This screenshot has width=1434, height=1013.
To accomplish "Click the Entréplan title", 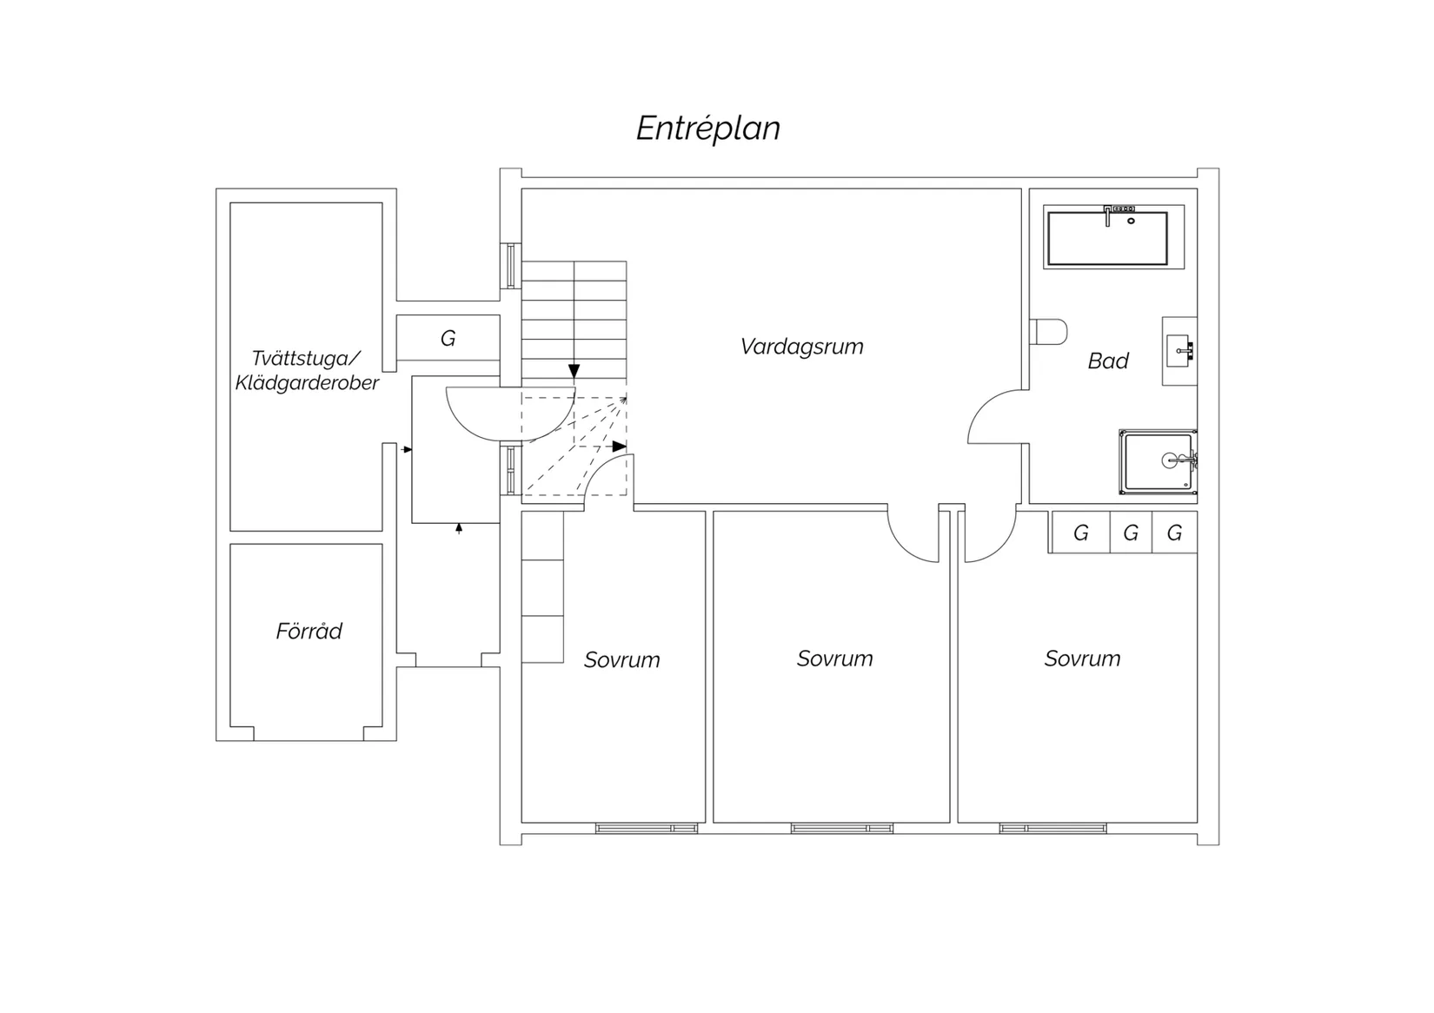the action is pyautogui.click(x=708, y=129).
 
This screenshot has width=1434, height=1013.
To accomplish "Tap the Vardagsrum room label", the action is pyautogui.click(x=801, y=347).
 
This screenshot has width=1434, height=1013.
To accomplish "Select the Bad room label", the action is pyautogui.click(x=1108, y=361).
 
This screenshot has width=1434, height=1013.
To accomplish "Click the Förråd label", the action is pyautogui.click(x=309, y=631).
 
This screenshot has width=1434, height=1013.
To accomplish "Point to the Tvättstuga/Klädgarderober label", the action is pyautogui.click(x=308, y=370).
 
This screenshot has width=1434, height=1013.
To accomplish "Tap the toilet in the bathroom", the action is pyautogui.click(x=1049, y=332).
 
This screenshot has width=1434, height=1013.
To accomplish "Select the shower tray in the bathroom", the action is pyautogui.click(x=1158, y=461).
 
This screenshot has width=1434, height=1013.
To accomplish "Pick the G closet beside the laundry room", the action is pyautogui.click(x=448, y=338).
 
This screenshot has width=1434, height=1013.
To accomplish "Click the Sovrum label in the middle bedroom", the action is pyautogui.click(x=835, y=659).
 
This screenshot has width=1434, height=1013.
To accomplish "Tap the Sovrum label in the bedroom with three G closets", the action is pyautogui.click(x=1083, y=659).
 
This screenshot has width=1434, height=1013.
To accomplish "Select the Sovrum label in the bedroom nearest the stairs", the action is pyautogui.click(x=621, y=659).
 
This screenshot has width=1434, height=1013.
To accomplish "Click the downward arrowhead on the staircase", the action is pyautogui.click(x=574, y=371).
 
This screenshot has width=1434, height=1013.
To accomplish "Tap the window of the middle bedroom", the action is pyautogui.click(x=842, y=828).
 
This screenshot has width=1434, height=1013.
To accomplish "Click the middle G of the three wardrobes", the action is pyautogui.click(x=1131, y=533).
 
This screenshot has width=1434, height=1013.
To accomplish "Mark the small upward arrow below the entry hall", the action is pyautogui.click(x=459, y=528).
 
